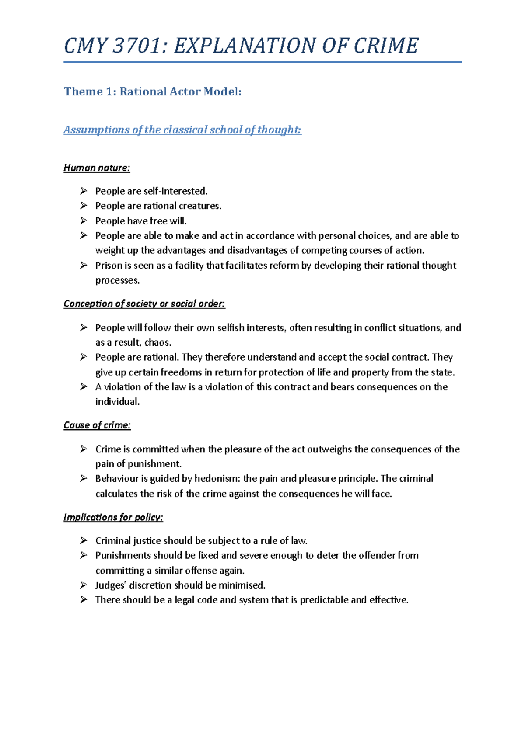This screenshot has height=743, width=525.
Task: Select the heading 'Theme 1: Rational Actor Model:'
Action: coord(153,91)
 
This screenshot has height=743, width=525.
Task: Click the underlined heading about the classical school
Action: coord(182,130)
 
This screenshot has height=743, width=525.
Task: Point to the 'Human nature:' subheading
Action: coord(97,168)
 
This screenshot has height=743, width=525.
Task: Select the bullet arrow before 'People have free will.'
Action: coord(84,221)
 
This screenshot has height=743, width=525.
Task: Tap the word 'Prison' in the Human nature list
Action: coord(108,266)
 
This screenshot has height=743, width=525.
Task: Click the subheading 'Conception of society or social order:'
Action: coord(144,304)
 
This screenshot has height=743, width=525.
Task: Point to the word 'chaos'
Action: coord(157,343)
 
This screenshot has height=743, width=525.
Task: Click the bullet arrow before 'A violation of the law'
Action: coord(84,387)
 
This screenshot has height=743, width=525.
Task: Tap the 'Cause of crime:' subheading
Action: coord(97,425)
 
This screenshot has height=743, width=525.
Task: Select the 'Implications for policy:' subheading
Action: coord(113,517)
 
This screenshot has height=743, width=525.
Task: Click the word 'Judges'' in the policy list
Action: coord(110,585)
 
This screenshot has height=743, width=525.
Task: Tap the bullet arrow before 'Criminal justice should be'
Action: coord(84,541)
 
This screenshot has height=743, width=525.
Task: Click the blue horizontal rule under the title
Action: coord(262,62)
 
